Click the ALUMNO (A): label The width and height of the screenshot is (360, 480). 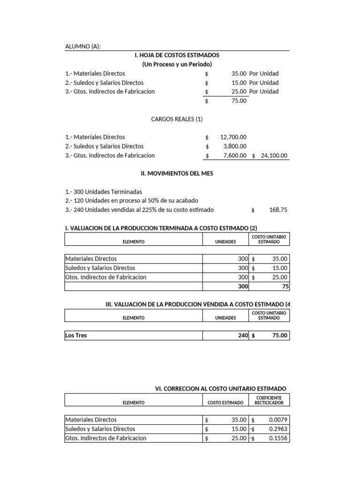coord(83,46)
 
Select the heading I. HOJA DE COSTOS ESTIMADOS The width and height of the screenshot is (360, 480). coord(177,55)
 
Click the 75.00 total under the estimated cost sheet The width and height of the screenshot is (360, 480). coord(239,101)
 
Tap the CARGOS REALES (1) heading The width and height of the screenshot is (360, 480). coord(177,119)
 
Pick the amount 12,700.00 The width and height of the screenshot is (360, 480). coord(233,137)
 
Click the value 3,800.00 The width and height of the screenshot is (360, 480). coord(235,146)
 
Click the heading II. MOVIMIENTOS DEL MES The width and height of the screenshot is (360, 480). coord(177,173)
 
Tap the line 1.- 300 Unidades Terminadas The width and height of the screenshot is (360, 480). coord(104,192)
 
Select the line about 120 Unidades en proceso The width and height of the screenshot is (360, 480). coord(132,201)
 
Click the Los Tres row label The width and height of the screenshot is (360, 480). coord(76,335)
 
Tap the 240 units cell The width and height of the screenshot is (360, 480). coord(242,335)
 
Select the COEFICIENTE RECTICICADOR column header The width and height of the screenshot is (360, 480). coord(269,400)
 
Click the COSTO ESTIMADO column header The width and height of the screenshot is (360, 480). coord(225,403)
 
